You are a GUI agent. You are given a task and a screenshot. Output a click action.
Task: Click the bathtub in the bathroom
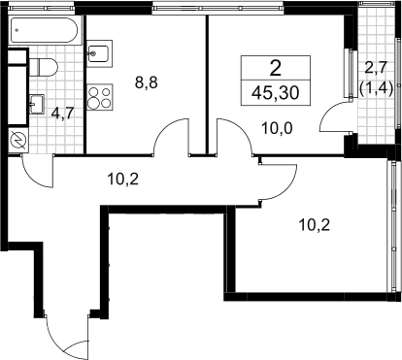(x=45, y=30)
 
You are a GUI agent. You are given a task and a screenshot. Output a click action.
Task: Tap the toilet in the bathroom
(x=44, y=68)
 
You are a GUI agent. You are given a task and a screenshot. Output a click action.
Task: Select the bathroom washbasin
(x=37, y=104)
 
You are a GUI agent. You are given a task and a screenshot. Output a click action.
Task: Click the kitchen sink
(x=99, y=53)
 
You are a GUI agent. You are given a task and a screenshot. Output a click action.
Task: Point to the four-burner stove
(x=100, y=97)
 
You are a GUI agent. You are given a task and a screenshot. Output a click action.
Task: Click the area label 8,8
(x=147, y=83)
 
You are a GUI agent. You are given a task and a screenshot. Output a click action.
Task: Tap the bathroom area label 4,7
(x=63, y=114)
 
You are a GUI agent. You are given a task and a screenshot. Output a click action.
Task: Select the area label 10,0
(x=277, y=129)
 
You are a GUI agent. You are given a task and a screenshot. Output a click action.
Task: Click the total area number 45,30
(x=276, y=93)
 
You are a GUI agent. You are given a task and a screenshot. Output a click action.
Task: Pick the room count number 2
(x=276, y=69)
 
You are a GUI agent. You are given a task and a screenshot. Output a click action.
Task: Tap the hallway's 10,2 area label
(x=123, y=179)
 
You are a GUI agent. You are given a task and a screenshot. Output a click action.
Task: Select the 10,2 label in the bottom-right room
(x=315, y=225)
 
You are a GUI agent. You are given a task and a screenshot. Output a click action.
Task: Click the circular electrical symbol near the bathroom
(x=17, y=141)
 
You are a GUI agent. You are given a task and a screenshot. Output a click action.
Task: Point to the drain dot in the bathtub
(x=17, y=30)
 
